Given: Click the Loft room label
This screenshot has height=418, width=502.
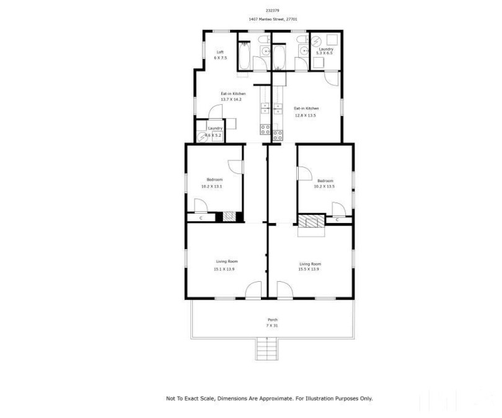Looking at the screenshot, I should point(219,51).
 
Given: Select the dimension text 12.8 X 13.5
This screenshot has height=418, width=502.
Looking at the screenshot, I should point(306,115).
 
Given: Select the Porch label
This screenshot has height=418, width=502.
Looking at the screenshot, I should point(272,320).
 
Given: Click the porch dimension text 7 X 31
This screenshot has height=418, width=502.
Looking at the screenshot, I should point(272,326).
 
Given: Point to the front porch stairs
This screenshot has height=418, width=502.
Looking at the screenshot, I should point(265,349).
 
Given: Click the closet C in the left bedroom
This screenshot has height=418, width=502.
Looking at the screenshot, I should point(201,218).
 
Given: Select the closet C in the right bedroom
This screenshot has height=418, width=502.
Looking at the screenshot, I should point(337,219).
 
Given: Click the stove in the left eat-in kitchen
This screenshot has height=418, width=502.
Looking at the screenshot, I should point(265,130).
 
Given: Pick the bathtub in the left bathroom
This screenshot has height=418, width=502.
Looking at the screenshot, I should point(244,58).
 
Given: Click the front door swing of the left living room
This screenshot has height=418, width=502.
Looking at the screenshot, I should point(254,290).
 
